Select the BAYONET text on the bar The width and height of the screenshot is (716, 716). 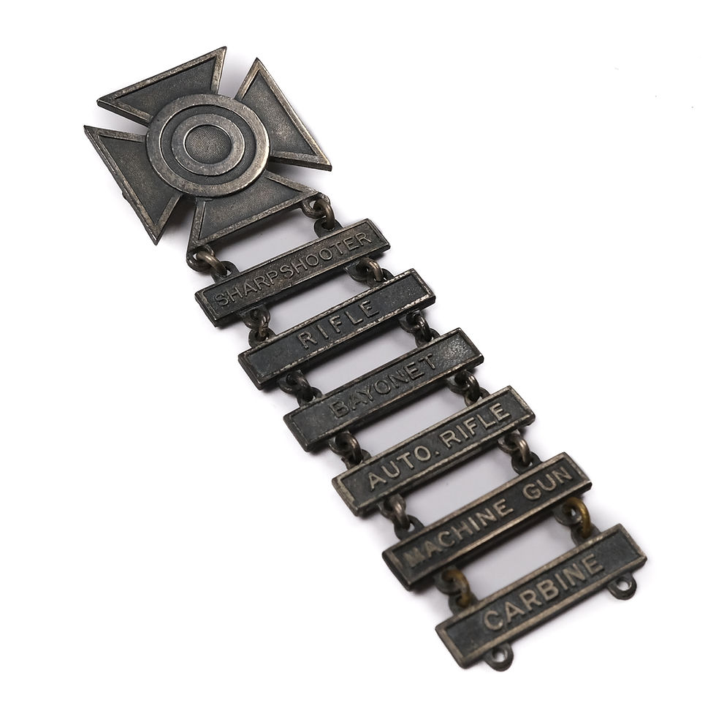(x=385, y=386)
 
